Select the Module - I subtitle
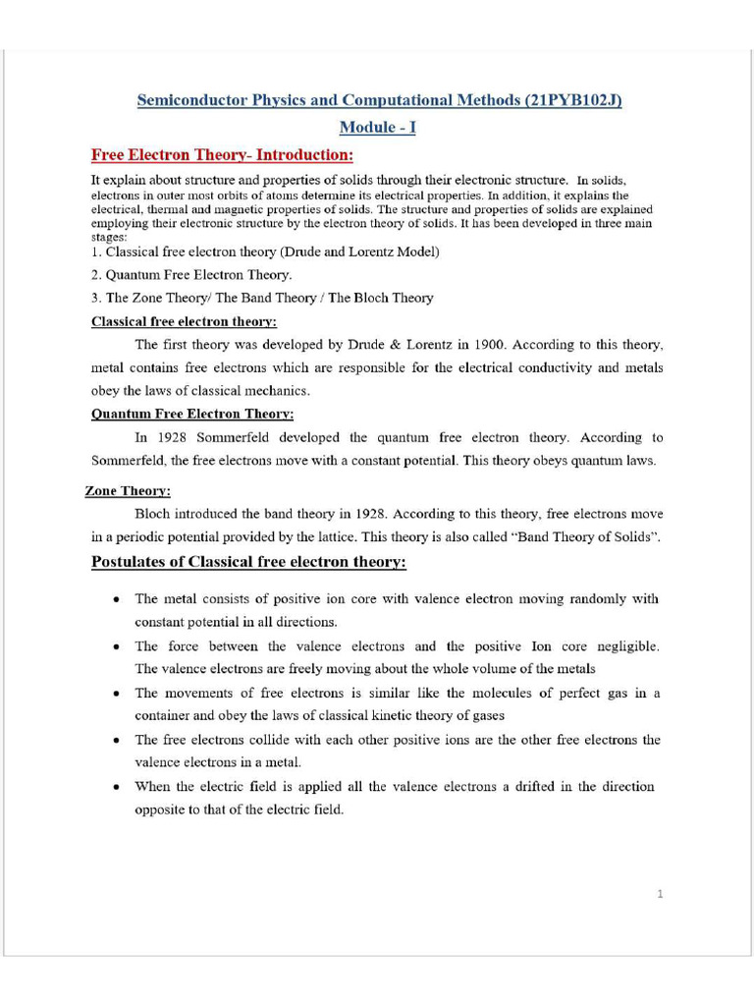click(x=377, y=128)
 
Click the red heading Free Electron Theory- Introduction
click(x=221, y=155)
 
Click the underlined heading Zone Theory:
click(x=128, y=491)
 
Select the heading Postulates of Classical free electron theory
click(x=248, y=562)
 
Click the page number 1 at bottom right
click(x=661, y=893)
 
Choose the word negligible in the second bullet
click(x=621, y=646)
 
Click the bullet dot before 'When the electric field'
click(x=117, y=787)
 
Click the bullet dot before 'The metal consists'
click(x=117, y=598)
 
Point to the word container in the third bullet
click(x=165, y=716)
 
